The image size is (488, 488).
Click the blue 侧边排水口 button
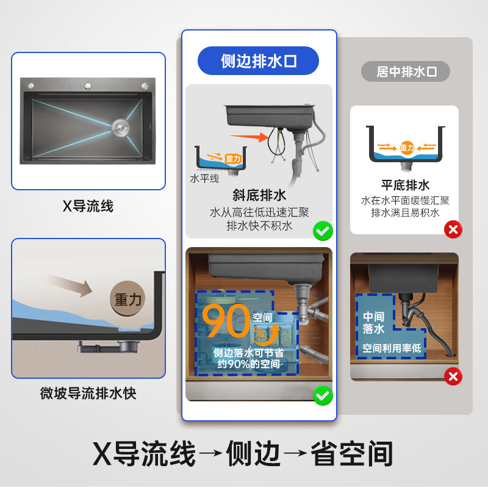pos(258,61)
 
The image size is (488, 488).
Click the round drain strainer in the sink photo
pos(120,127)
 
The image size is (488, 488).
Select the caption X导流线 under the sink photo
pos(88,206)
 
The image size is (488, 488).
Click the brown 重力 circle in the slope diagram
pos(128,299)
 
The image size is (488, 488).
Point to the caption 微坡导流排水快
pos(88,393)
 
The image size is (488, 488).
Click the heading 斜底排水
pos(259,195)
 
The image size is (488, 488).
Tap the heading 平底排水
pos(405,185)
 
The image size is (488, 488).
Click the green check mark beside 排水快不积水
pos(323,231)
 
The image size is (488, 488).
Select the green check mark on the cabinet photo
pos(323,395)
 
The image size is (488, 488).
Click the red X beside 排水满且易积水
pos(453,229)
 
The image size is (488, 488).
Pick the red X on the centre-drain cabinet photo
pos(453,376)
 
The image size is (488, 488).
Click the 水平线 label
pos(204,179)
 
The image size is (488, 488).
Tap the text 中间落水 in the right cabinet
pos(373,323)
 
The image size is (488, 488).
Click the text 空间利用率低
pos(392,348)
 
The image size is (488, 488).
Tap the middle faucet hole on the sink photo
pos(88,85)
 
